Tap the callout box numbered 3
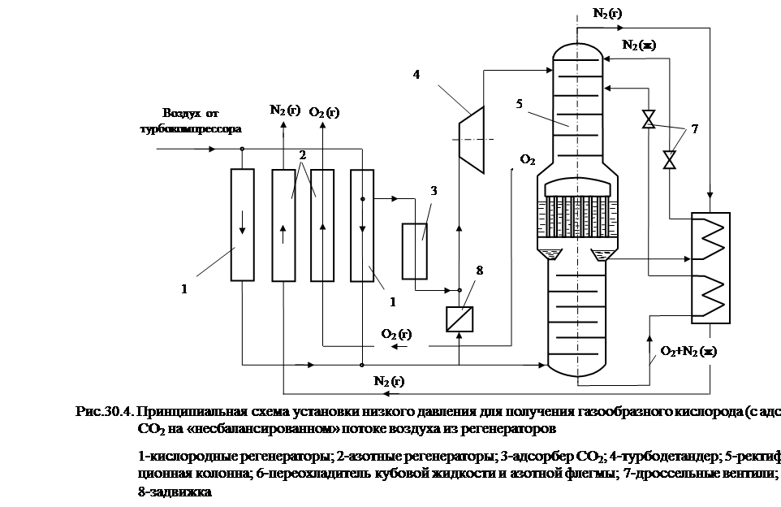[x=434, y=191]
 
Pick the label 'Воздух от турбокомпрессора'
[x=192, y=119]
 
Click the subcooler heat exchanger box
[x=709, y=266]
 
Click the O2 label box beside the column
[x=528, y=159]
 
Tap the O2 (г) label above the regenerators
[x=324, y=114]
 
